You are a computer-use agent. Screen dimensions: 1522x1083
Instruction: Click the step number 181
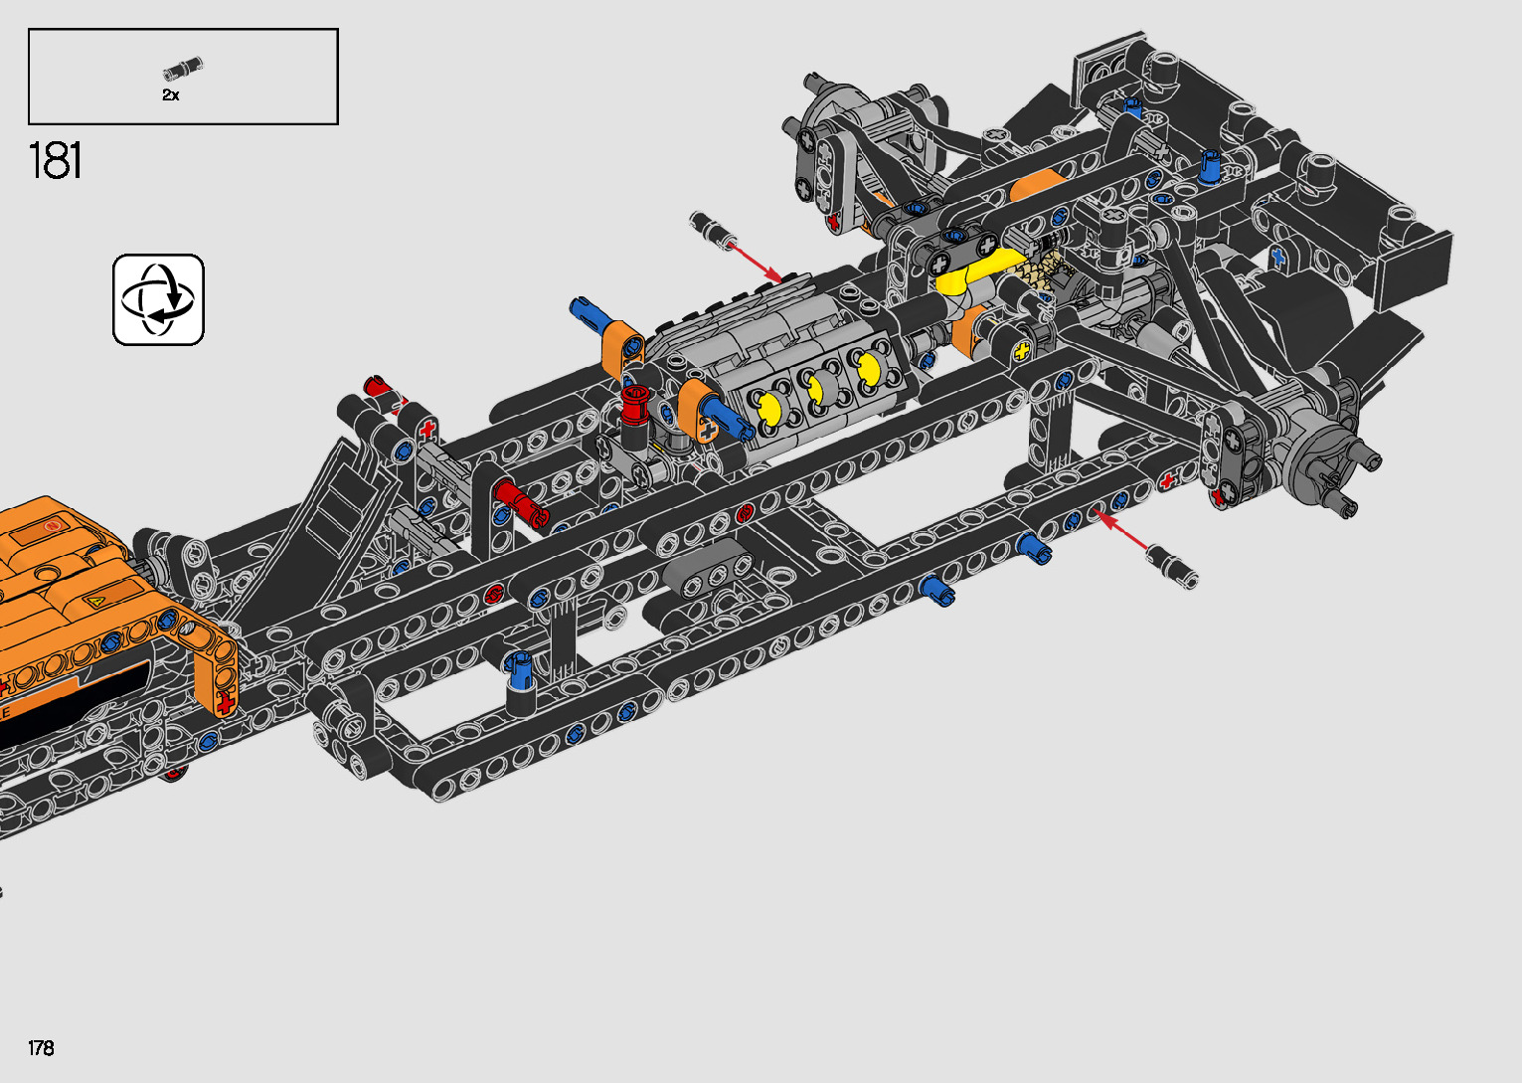coord(55,160)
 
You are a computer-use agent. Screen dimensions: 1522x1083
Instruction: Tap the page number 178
coord(41,1047)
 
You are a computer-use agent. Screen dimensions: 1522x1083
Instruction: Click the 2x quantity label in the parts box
coord(171,95)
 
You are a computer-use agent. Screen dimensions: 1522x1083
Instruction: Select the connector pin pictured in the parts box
coord(183,68)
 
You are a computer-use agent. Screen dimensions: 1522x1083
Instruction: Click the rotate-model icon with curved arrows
coord(158,299)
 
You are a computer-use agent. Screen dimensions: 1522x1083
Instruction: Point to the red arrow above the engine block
coord(755,262)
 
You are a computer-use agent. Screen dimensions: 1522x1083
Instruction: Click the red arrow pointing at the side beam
coord(1121,530)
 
